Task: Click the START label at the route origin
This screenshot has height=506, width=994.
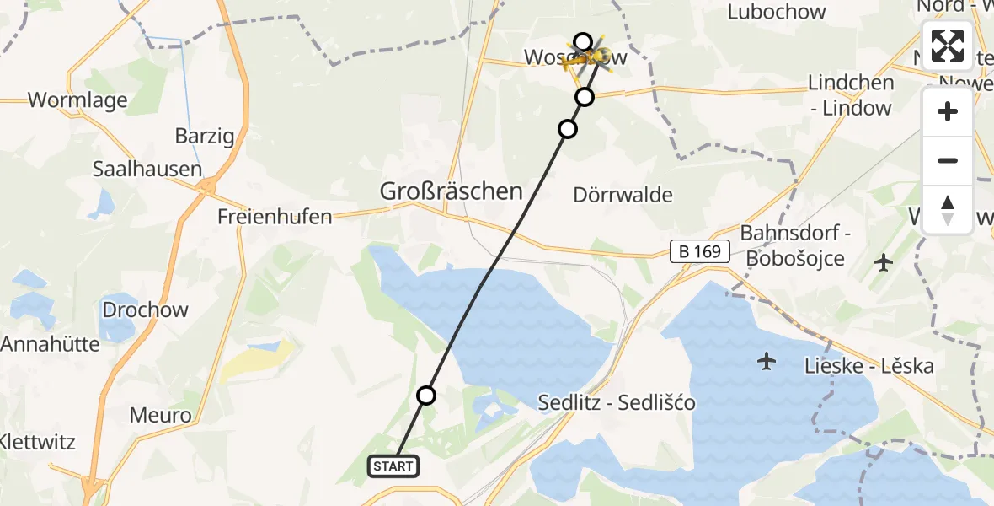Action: tap(393, 466)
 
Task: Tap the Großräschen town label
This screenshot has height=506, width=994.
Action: tap(452, 191)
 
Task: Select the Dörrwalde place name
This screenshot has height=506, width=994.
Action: tap(623, 196)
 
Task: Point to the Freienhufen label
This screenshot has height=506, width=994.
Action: tap(275, 216)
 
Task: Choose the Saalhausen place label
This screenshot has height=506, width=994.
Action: tap(147, 169)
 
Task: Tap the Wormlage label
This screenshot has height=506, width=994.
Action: tap(77, 100)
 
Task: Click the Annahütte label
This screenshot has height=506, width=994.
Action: tap(51, 344)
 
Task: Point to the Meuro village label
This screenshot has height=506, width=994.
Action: tap(161, 414)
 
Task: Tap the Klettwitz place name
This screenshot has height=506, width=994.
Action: tap(38, 442)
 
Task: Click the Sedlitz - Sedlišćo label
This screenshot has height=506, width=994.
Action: tap(617, 403)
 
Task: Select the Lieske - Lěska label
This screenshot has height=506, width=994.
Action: tap(869, 366)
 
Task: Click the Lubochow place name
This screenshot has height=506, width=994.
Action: tap(777, 12)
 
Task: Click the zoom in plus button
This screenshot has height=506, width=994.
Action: tap(948, 111)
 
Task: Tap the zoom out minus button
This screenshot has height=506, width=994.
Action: tap(948, 160)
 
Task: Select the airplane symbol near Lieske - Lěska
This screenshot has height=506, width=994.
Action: tap(767, 362)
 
